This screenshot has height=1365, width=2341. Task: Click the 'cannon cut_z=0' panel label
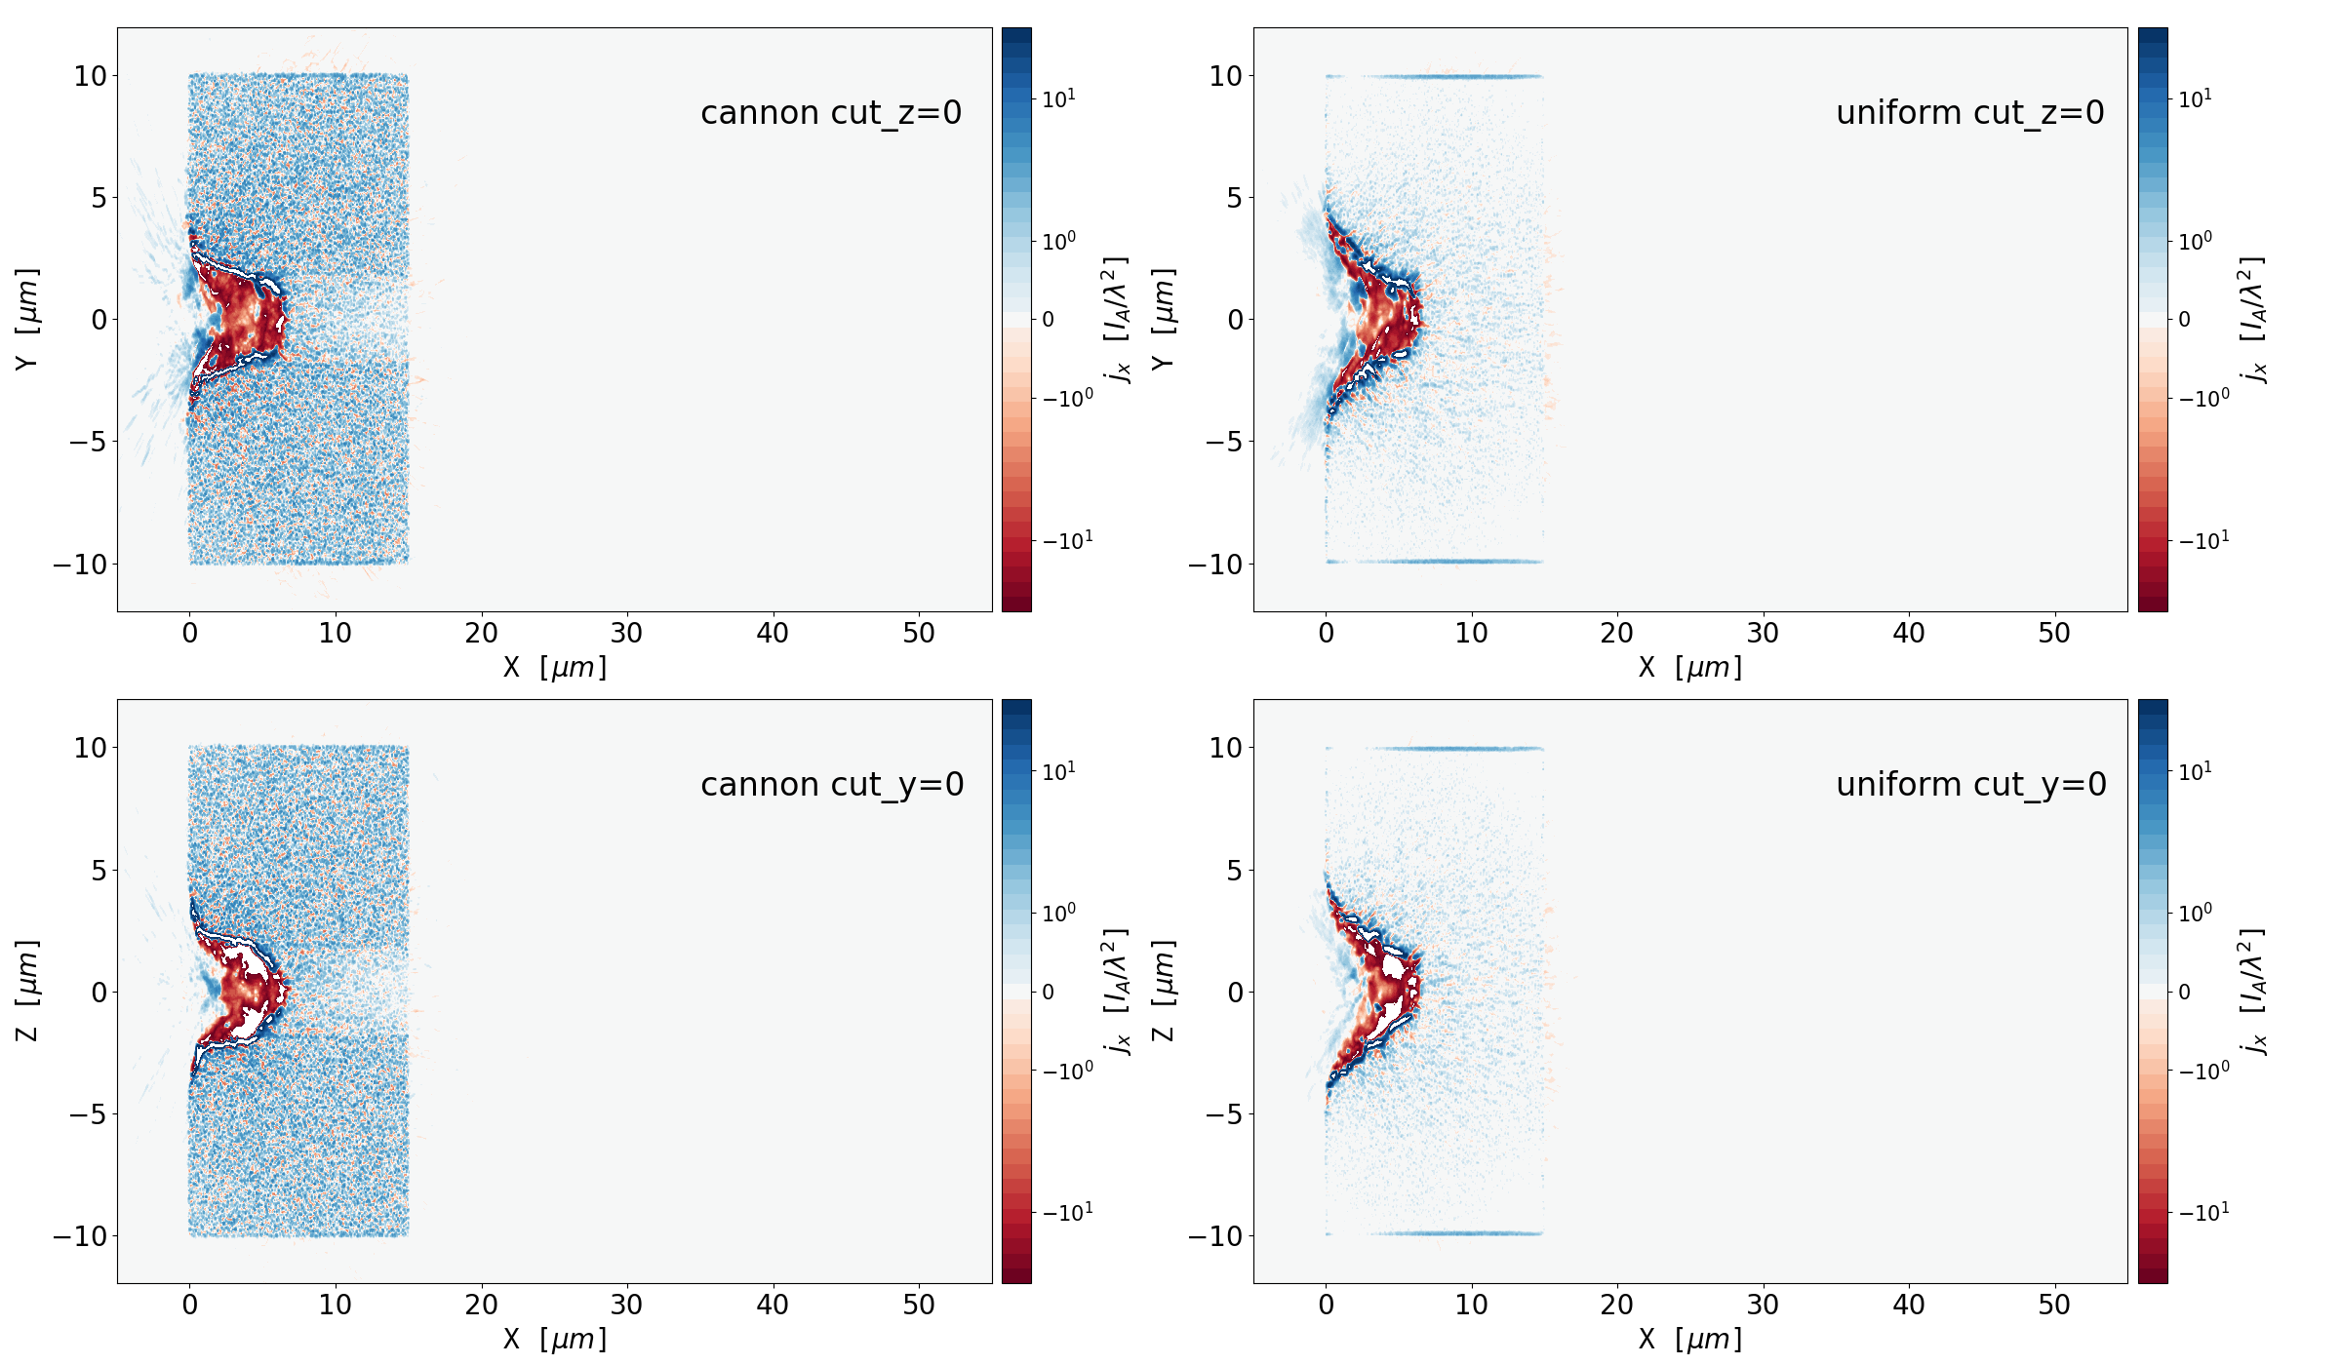(831, 113)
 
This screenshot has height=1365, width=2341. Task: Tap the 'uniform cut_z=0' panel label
(1969, 113)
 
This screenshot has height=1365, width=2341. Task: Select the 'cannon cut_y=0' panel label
(832, 785)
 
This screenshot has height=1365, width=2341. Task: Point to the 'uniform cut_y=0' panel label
(1970, 785)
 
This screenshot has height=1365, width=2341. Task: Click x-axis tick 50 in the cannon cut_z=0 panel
(919, 634)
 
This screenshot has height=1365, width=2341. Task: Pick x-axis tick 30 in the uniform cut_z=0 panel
(1763, 634)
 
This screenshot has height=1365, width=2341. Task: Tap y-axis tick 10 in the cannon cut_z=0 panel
(91, 76)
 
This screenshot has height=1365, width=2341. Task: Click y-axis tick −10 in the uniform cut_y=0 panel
(1215, 1236)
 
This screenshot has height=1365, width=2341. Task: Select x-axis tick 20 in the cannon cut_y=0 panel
(481, 1306)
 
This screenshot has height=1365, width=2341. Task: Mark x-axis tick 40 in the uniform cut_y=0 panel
(1909, 1306)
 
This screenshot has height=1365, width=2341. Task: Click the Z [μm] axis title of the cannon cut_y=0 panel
(27, 991)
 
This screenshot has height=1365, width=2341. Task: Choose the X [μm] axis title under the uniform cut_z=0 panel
(1689, 668)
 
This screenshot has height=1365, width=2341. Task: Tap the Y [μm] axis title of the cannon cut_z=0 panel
(27, 319)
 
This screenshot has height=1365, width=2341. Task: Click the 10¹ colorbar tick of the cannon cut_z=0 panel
(1059, 98)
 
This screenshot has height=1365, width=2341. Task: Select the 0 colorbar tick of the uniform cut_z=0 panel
(2185, 319)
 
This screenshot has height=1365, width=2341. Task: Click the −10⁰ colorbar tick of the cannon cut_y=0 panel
(1067, 1071)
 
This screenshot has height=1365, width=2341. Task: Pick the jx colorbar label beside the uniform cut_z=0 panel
(2253, 319)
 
